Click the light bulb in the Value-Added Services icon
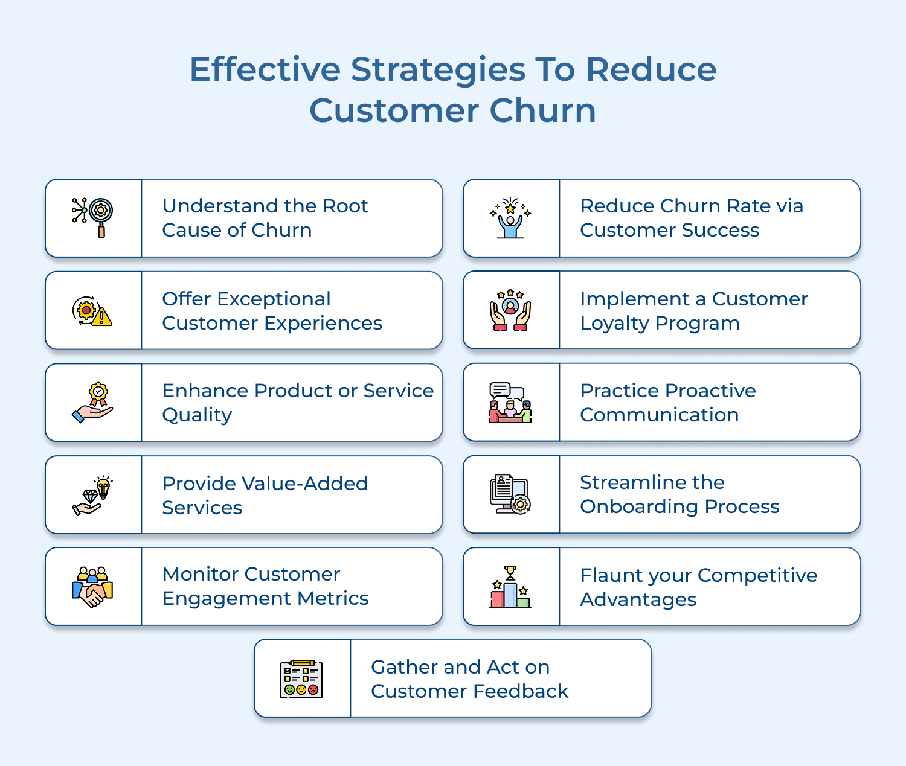[104, 487]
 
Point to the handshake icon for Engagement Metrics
[92, 587]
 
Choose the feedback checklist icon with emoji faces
[301, 679]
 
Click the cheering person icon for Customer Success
[510, 219]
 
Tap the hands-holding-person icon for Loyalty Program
[510, 310]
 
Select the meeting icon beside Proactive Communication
[510, 403]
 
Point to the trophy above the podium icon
[510, 572]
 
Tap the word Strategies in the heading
[438, 70]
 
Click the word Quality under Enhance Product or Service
[197, 415]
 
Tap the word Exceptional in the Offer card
[274, 299]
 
